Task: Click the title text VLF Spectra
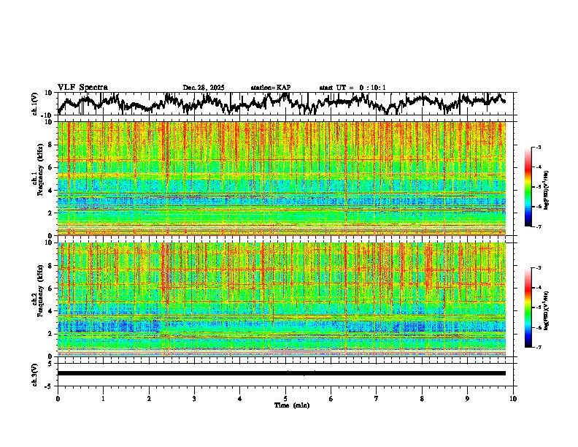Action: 82,88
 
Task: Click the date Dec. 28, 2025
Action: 204,88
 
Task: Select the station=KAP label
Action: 270,88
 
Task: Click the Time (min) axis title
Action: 285,405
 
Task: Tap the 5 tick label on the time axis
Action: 285,398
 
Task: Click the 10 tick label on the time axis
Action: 513,398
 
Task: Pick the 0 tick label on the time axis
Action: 58,398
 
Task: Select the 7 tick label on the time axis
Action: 377,398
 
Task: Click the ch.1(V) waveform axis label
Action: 35,104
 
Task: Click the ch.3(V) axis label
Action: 35,372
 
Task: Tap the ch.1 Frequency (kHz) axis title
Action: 36,179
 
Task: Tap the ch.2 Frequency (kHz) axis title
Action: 36,299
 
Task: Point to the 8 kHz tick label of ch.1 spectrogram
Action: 52,145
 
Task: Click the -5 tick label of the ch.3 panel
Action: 49,384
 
